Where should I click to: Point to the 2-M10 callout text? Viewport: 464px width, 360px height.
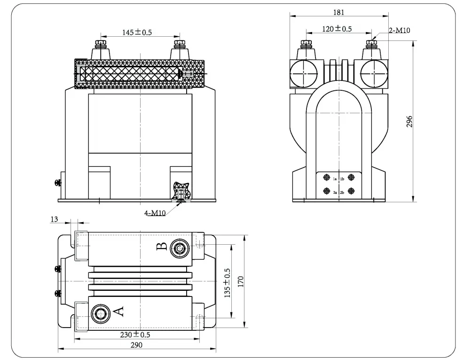(x=400, y=31)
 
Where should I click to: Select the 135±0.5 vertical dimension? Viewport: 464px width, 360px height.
(x=228, y=283)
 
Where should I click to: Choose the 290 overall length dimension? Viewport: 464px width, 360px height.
(x=136, y=345)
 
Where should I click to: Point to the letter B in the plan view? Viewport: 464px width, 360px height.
(x=161, y=246)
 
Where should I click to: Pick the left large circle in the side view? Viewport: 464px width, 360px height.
(x=305, y=74)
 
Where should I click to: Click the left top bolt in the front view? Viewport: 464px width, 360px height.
(x=100, y=45)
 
